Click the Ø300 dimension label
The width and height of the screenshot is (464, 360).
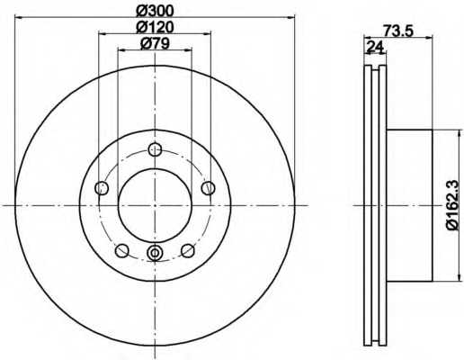click(155, 9)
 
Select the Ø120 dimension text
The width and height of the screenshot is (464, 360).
click(155, 26)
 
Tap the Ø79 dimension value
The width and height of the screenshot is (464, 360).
click(155, 44)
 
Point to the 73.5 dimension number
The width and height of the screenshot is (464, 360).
click(397, 30)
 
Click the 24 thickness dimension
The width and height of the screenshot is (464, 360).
click(371, 47)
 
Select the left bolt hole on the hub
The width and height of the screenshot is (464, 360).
click(102, 188)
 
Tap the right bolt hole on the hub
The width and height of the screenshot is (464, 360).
click(208, 187)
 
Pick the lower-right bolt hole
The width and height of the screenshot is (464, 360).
click(187, 250)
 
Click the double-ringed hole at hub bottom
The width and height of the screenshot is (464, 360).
click(155, 253)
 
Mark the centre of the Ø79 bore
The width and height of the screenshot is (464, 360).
click(155, 205)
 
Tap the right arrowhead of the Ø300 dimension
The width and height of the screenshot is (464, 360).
click(290, 15)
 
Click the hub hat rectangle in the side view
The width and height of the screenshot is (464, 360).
click(409, 205)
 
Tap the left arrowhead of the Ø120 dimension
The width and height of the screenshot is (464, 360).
click(100, 33)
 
